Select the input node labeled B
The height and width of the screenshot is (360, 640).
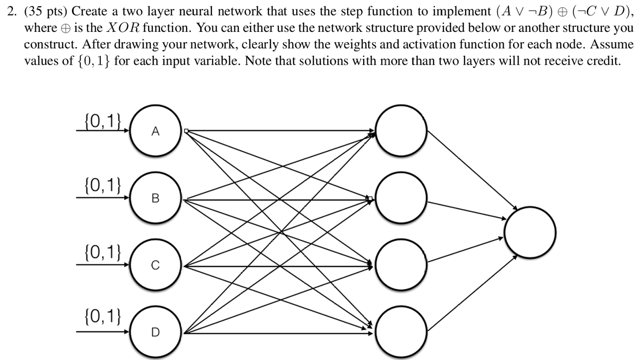pyautogui.click(x=155, y=199)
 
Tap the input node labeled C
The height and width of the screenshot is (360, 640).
pyautogui.click(x=155, y=265)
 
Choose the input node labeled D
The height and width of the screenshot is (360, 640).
pyautogui.click(x=155, y=332)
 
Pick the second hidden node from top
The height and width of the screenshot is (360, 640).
pyautogui.click(x=401, y=198)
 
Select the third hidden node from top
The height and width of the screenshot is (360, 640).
pyautogui.click(x=401, y=265)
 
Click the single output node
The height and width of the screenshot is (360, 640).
pyautogui.click(x=530, y=231)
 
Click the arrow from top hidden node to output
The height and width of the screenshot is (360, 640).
pyautogui.click(x=471, y=170)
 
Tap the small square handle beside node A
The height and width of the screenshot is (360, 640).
pyautogui.click(x=187, y=131)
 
